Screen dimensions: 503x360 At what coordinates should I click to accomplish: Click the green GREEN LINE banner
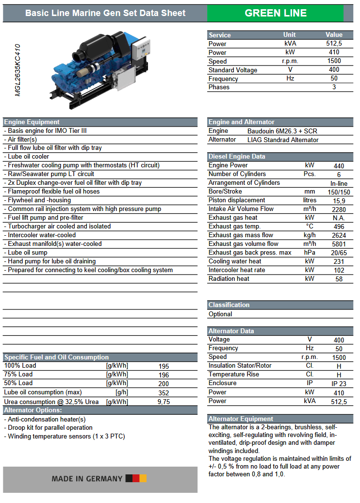coord(276,13)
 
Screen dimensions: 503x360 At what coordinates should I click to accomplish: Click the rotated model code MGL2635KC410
coord(18,71)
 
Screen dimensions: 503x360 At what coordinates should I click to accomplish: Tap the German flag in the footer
coord(136,478)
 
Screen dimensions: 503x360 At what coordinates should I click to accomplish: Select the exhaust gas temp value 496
coord(339,227)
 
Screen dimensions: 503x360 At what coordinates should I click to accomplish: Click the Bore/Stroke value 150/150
coord(339,192)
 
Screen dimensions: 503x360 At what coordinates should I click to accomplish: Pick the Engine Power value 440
coord(339,166)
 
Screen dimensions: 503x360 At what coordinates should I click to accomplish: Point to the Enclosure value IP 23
coord(339,383)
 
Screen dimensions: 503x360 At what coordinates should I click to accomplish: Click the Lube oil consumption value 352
coord(164,392)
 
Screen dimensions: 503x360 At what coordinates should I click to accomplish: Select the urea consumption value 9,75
coord(164,402)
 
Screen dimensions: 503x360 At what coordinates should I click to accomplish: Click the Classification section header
coord(229,305)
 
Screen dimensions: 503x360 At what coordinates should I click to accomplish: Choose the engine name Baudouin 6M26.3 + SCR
coord(282,131)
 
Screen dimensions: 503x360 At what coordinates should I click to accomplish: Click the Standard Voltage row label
coord(233,70)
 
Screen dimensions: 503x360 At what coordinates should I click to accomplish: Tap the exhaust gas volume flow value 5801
coord(339,244)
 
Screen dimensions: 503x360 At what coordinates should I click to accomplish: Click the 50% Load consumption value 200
coord(164,383)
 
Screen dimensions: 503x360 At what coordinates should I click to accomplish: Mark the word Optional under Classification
coord(220,314)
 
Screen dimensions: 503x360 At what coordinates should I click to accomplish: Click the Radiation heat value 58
coord(339,279)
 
